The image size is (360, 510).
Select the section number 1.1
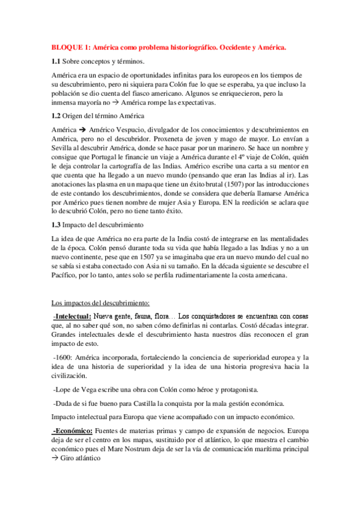point(56,61)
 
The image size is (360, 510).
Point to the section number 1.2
point(56,115)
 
